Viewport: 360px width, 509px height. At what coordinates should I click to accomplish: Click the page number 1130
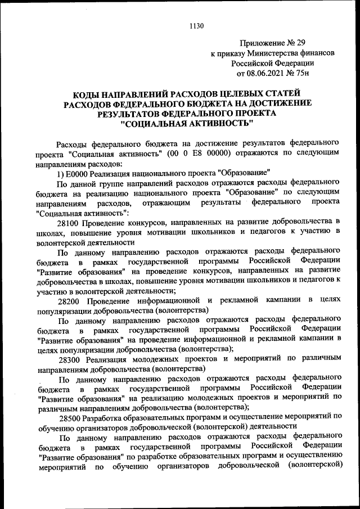tap(196, 25)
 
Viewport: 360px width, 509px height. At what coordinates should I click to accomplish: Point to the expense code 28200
tap(70, 299)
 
